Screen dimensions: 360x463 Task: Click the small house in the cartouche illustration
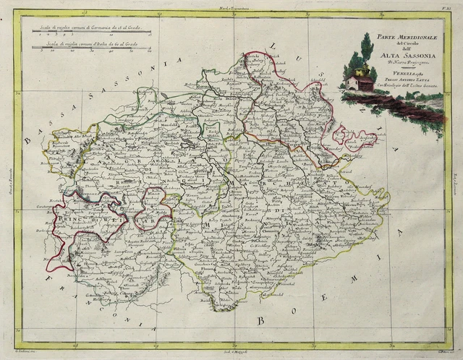[359, 82]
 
